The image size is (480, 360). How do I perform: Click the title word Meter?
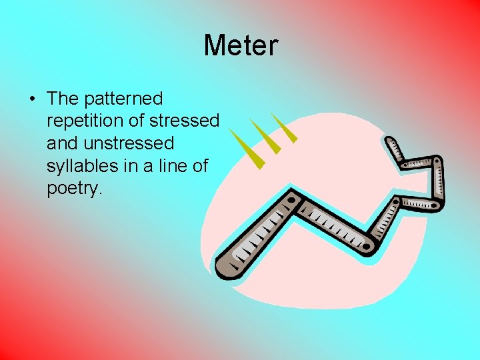click(x=240, y=45)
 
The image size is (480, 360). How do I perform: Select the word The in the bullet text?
click(x=63, y=99)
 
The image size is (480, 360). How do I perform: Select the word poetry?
click(x=73, y=189)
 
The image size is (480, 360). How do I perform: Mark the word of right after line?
click(x=201, y=166)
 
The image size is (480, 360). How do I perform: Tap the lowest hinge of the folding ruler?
click(x=368, y=246)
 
